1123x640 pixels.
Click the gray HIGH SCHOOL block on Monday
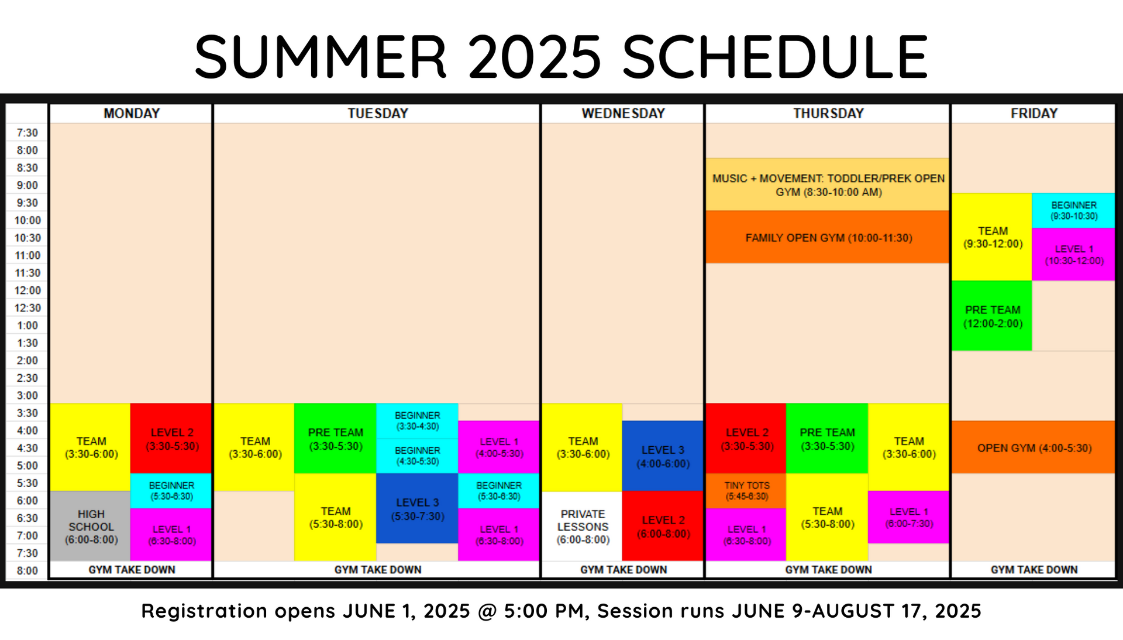[90, 526]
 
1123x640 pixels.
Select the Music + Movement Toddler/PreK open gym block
[827, 184]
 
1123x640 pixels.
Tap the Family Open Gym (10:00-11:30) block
[827, 237]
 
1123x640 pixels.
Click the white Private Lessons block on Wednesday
[582, 526]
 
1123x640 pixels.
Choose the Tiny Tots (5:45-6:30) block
[746, 491]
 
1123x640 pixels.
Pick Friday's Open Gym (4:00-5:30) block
[1033, 447]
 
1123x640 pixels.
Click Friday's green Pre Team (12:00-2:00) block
[991, 316]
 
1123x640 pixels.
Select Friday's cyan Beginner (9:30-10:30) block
[1073, 210]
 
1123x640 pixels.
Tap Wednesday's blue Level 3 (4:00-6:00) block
[663, 456]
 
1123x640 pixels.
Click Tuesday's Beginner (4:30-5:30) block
[417, 456]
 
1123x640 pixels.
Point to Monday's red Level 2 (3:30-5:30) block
[171, 439]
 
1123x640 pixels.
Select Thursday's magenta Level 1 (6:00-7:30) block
[908, 517]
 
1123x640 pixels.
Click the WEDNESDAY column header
[623, 114]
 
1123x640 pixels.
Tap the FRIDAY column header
[1034, 114]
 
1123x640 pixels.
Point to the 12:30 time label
[27, 308]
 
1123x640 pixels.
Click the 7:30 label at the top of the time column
[27, 133]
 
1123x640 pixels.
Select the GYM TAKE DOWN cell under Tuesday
[377, 570]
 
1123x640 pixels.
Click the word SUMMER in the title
[321, 57]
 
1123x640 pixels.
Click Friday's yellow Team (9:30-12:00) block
[991, 237]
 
